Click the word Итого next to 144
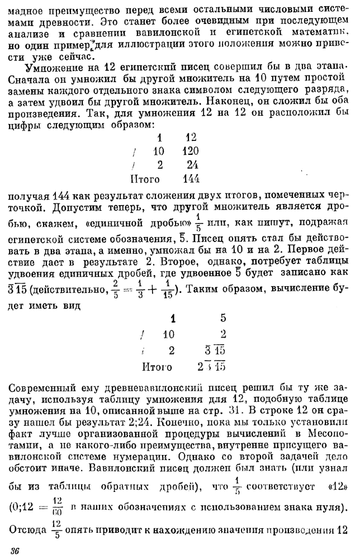click(145, 179)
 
